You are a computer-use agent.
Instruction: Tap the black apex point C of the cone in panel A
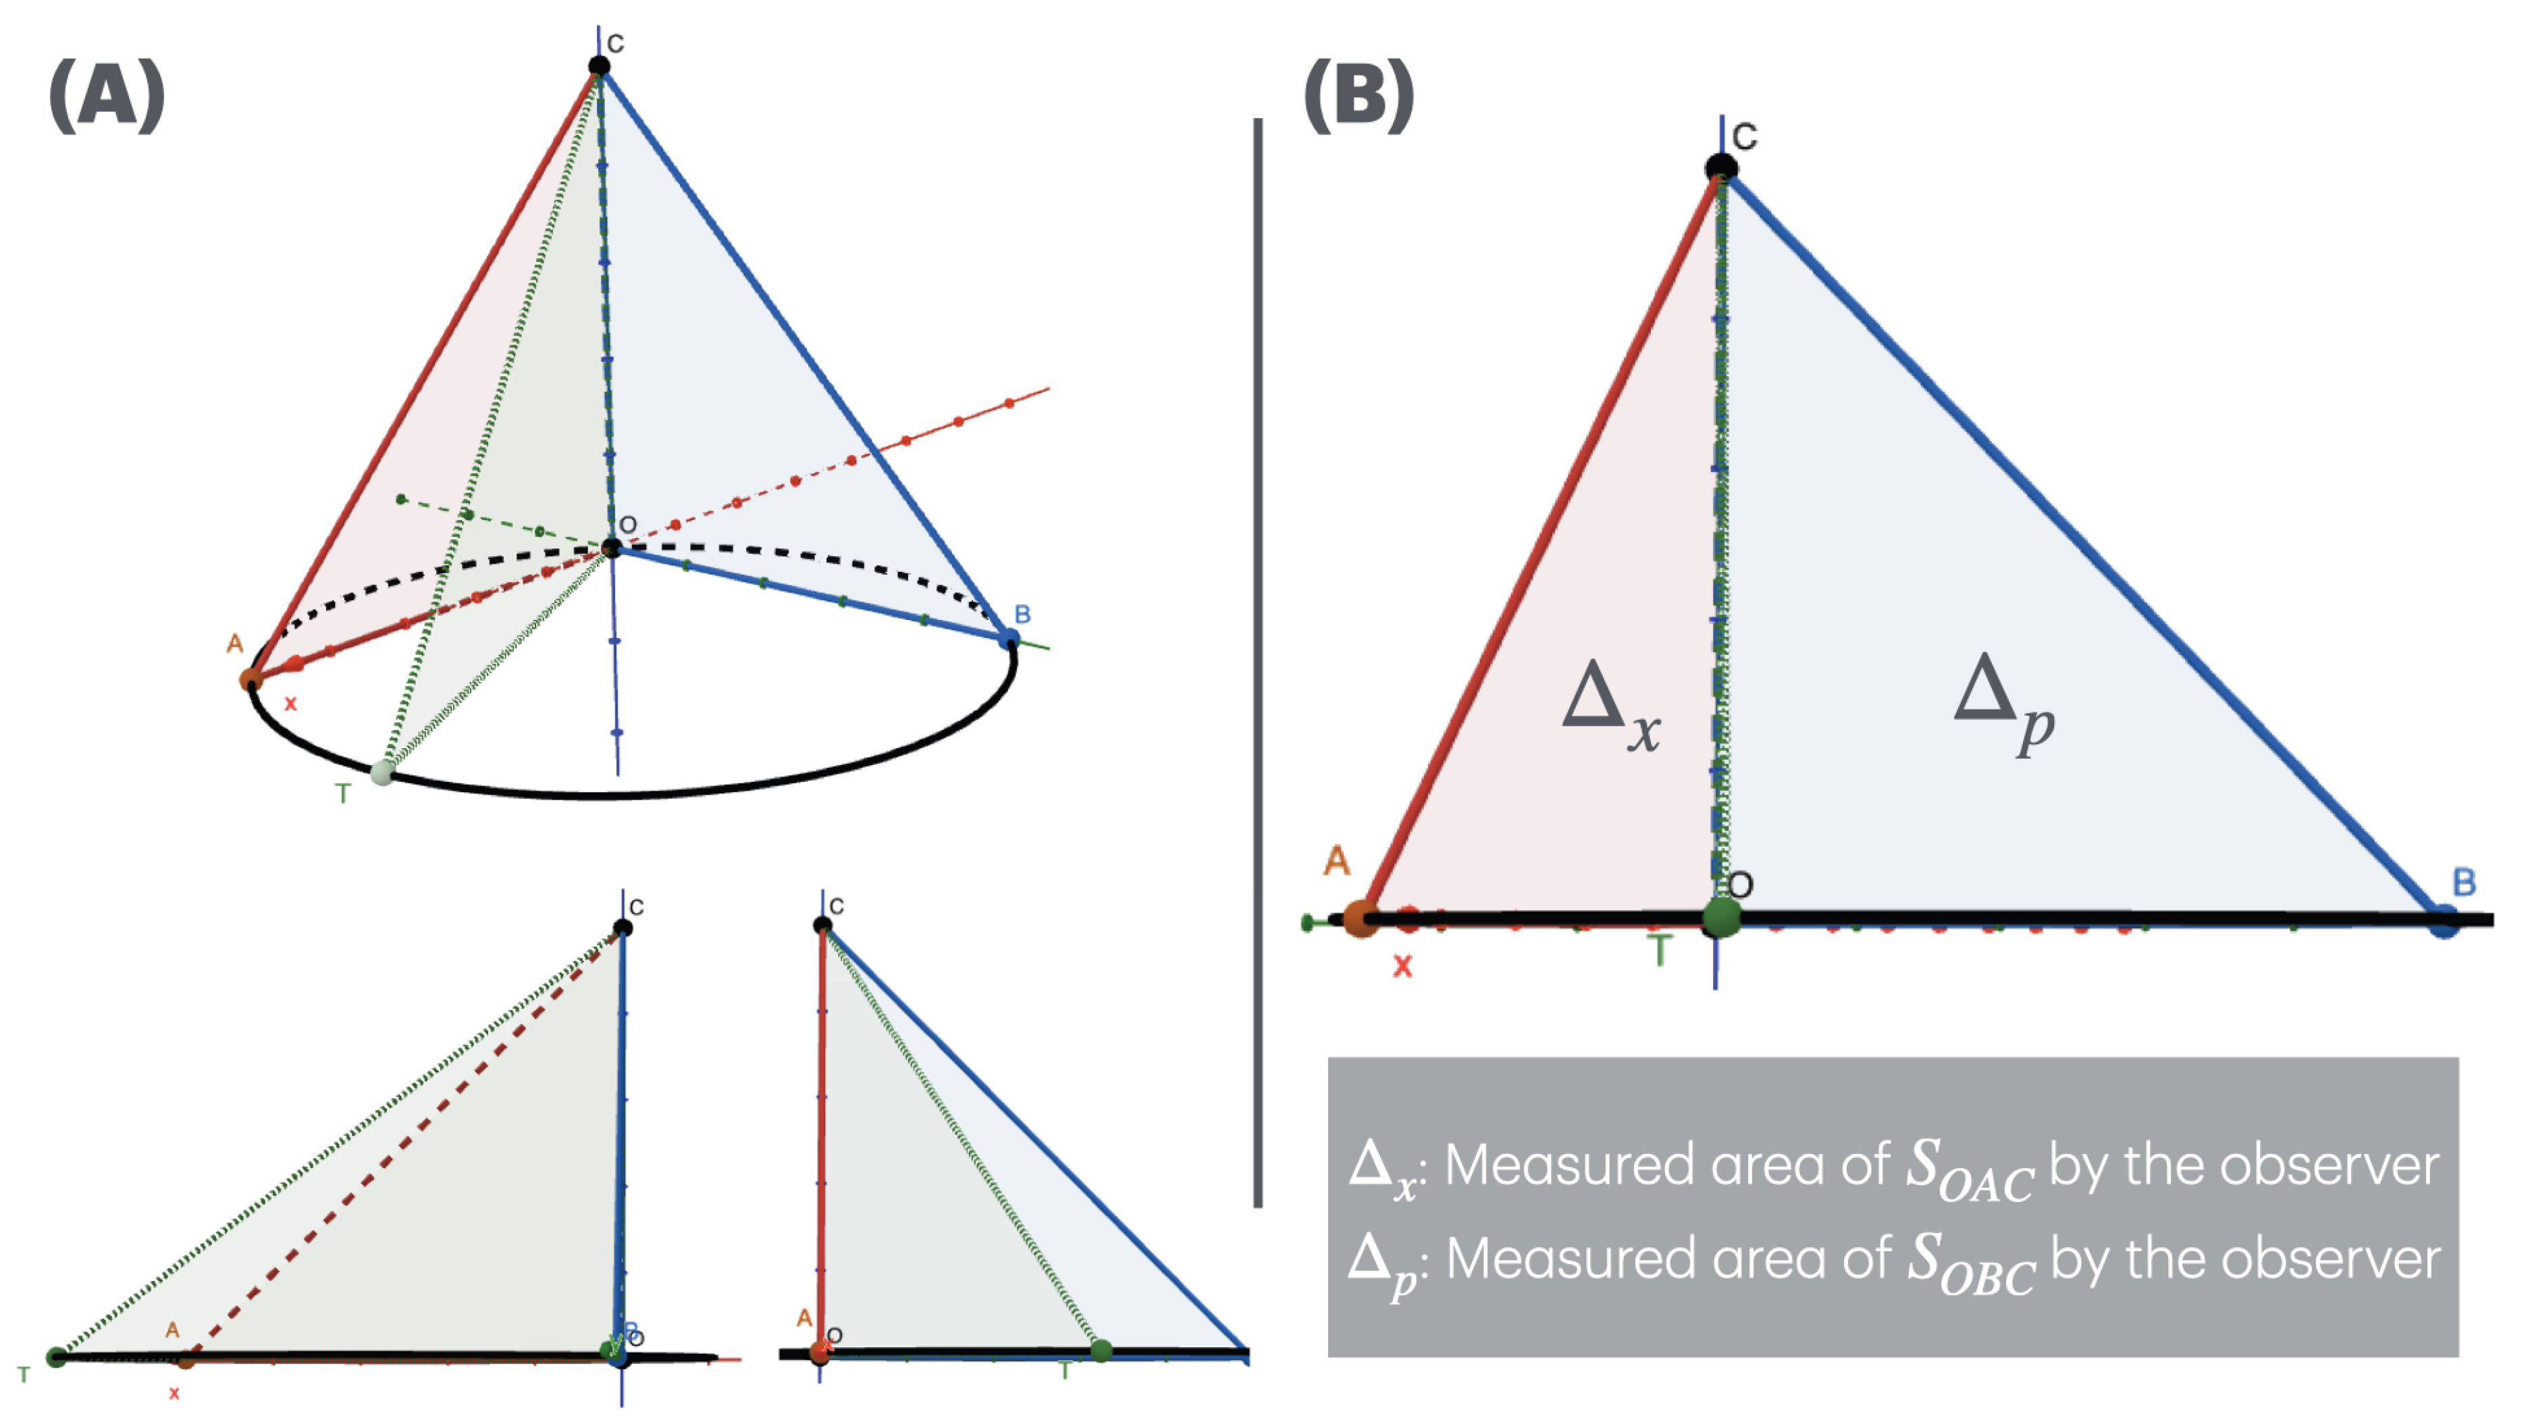click(x=599, y=66)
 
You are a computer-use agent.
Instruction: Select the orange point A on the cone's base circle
click(x=251, y=679)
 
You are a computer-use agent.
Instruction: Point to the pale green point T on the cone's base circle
click(x=382, y=773)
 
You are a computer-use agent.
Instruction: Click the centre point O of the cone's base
click(x=612, y=547)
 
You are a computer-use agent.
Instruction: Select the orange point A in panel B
click(x=1360, y=919)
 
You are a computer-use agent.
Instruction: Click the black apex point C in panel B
click(x=1721, y=167)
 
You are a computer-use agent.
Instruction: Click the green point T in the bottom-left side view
click(x=57, y=1357)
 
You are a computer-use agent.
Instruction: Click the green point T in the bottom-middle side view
click(x=1101, y=1351)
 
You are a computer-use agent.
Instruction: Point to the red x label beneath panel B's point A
click(x=1402, y=966)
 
